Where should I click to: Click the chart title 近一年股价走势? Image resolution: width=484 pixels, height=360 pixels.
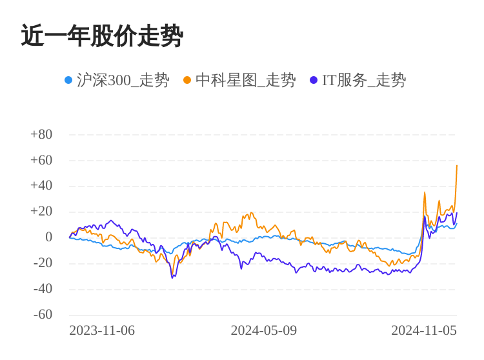pos(102,36)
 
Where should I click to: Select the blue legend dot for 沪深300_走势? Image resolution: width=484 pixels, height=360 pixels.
pos(68,80)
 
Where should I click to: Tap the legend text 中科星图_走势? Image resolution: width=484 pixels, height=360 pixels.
pos(245,80)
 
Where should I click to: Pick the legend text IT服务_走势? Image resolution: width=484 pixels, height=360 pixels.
pos(364,80)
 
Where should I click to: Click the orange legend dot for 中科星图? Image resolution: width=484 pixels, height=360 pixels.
pos(187,80)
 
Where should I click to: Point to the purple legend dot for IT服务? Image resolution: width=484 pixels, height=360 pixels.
pos(314,80)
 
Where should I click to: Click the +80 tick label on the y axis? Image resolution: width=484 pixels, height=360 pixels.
pos(41,134)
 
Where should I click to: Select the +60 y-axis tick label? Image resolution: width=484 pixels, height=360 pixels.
pos(41,160)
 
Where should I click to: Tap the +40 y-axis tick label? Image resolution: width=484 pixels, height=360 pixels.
pos(41,186)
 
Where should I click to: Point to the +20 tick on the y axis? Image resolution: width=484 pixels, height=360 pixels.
pos(41,212)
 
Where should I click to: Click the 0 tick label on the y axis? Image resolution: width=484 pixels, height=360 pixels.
pos(48,237)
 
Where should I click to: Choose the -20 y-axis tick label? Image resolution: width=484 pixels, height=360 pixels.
pos(43,263)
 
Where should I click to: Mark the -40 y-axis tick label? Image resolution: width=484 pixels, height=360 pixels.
pos(43,289)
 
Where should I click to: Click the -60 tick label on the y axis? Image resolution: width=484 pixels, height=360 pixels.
pos(43,315)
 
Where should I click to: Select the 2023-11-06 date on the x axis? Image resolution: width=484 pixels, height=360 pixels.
pos(102,330)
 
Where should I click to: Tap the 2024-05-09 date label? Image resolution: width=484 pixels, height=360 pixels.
pos(263,330)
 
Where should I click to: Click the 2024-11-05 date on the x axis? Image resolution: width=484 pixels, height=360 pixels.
pos(423,330)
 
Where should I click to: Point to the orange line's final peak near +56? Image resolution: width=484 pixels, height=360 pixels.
pos(457,166)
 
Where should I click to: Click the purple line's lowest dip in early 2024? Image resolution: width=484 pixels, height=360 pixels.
pos(172,277)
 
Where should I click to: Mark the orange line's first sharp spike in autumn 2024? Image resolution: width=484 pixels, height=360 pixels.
pos(425,192)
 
